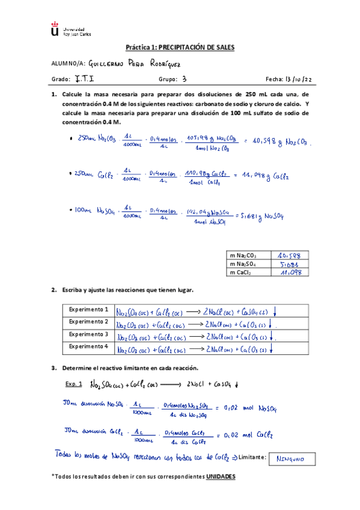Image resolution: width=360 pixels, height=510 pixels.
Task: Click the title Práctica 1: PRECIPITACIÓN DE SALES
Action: [180, 47]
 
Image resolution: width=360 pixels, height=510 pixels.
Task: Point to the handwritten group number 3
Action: [184, 79]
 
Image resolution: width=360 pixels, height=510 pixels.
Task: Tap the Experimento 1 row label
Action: [88, 310]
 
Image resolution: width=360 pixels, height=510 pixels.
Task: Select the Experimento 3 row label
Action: [88, 334]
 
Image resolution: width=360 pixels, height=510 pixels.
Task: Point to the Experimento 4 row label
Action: [88, 346]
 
